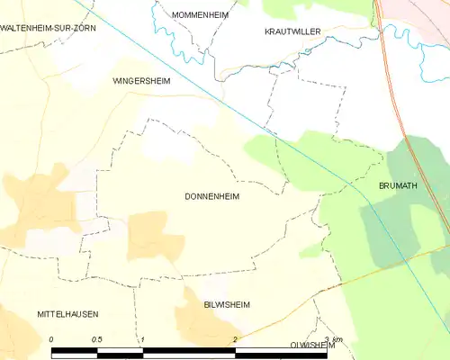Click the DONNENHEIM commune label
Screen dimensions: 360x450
pos(211,195)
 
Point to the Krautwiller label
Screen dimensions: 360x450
pos(292,31)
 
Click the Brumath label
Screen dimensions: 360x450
pos(399,185)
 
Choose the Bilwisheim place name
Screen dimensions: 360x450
pos(227,305)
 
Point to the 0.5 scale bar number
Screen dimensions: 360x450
pos(96,339)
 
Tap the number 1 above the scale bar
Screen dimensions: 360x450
pos(142,339)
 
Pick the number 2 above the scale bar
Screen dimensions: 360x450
pos(234,339)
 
